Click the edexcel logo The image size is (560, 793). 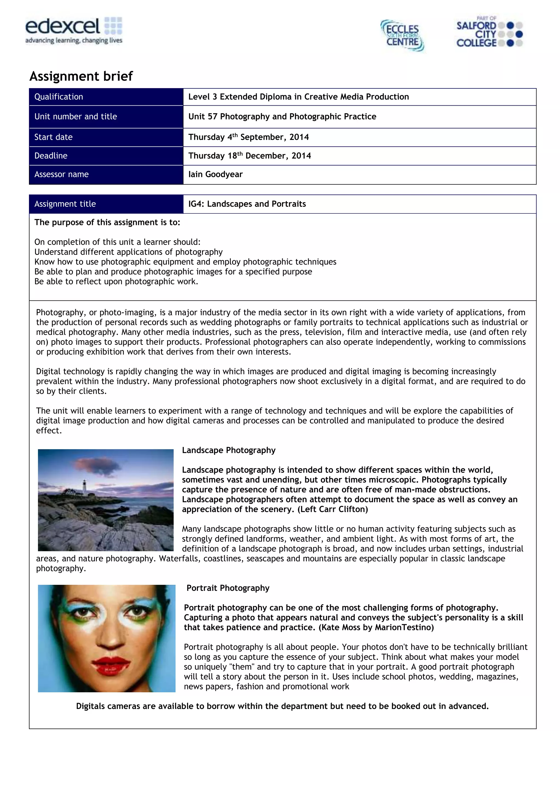(74, 31)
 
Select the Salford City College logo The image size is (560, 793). (489, 33)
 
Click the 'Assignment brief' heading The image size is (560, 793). (81, 76)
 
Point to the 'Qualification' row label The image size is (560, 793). (59, 97)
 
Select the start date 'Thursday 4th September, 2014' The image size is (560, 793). (249, 137)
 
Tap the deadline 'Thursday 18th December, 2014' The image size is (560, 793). (249, 156)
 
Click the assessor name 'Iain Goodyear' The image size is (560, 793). (215, 174)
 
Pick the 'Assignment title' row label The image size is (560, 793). (65, 204)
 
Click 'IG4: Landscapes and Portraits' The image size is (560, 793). (247, 204)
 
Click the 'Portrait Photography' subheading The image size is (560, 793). (228, 588)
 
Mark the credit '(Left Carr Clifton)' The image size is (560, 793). (332, 510)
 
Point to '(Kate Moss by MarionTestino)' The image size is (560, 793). (376, 627)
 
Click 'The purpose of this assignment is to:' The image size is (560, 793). (107, 222)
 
